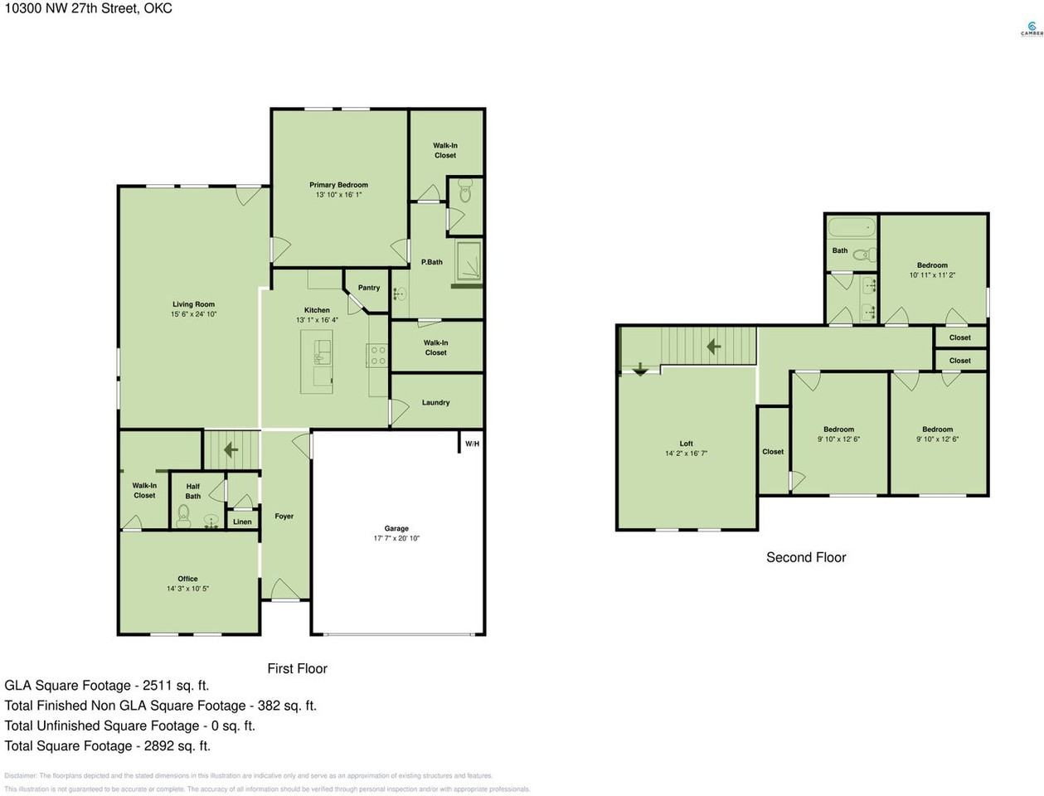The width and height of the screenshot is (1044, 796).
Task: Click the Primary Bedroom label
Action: click(x=338, y=185)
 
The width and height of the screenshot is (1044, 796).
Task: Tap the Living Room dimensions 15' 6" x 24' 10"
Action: click(x=193, y=315)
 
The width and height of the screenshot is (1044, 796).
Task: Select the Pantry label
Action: click(x=369, y=288)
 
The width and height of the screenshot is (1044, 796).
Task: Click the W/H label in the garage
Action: click(x=472, y=444)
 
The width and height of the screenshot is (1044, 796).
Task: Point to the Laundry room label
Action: click(x=435, y=402)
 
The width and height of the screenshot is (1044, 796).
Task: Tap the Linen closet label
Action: click(x=242, y=522)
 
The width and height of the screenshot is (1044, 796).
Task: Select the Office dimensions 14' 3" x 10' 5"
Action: click(x=187, y=589)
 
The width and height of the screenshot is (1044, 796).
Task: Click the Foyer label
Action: click(x=284, y=516)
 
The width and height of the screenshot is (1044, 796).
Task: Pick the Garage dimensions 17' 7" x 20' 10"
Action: click(x=396, y=538)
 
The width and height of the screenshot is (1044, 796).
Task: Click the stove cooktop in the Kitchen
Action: click(x=377, y=356)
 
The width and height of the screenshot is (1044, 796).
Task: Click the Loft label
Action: click(x=686, y=444)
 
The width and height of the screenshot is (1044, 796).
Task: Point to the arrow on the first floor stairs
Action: click(x=230, y=449)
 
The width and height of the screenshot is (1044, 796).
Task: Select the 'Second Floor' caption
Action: click(x=806, y=557)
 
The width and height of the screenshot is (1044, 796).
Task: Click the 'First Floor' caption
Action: click(x=297, y=668)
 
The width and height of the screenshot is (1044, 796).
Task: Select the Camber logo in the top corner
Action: click(x=1031, y=28)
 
